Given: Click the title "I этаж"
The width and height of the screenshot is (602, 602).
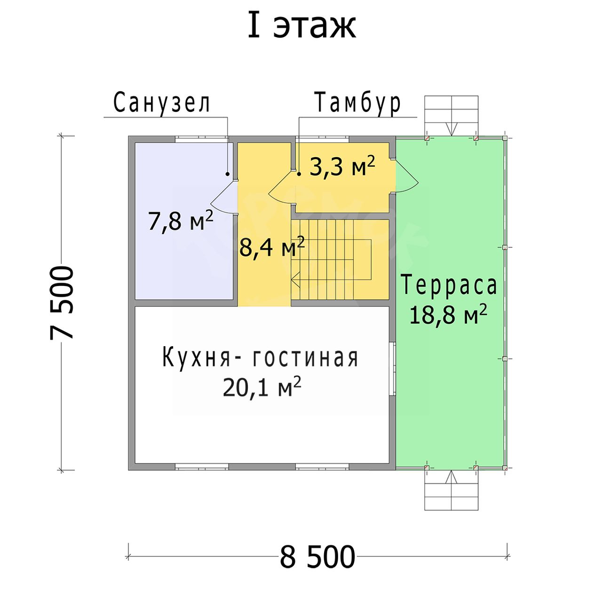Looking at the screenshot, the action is [301, 25].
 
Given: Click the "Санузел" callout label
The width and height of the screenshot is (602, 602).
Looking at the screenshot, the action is [162, 102].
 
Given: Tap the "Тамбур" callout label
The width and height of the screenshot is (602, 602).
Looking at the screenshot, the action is [358, 102].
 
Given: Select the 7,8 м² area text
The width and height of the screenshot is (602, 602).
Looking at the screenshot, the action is [181, 221].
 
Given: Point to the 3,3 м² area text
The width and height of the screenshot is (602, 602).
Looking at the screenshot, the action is [342, 166].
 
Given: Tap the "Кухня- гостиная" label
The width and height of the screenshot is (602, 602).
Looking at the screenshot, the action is [260, 358].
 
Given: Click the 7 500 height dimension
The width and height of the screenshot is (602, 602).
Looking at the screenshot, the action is [62, 302].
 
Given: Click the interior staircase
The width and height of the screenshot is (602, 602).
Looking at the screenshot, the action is [340, 259].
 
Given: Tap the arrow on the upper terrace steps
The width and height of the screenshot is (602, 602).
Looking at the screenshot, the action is [451, 129].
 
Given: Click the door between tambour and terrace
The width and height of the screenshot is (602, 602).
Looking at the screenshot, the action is [407, 177].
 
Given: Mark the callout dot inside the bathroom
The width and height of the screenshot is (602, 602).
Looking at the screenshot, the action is [228, 174].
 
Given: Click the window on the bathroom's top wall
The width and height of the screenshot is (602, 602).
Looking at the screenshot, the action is [202, 139].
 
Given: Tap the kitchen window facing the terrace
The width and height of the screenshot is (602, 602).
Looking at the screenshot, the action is [393, 369].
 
